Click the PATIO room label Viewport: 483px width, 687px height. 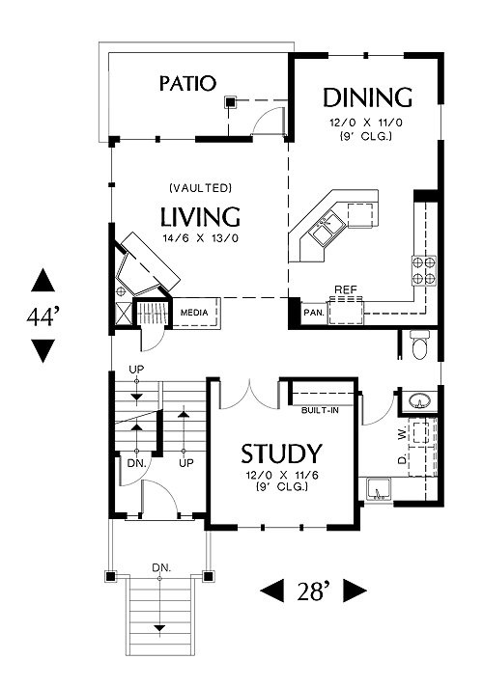(x=187, y=83)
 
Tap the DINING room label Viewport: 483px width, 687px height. (x=368, y=97)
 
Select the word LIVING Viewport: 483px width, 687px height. (x=201, y=216)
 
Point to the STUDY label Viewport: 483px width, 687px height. (x=282, y=453)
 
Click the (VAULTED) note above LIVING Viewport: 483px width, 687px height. (x=201, y=188)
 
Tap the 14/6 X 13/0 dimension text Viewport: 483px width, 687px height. (x=201, y=238)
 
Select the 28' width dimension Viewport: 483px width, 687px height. (x=313, y=591)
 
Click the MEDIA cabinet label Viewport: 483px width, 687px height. (x=194, y=313)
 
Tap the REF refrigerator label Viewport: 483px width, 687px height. (x=346, y=289)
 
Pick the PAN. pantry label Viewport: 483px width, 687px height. (x=314, y=313)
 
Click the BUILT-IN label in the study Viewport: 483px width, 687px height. (x=321, y=410)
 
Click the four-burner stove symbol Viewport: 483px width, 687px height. (x=424, y=270)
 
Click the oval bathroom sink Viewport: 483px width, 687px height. (x=419, y=400)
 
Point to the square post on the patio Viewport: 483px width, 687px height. (x=230, y=103)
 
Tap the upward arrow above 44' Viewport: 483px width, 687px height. (x=43, y=280)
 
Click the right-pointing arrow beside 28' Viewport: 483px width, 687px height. (x=355, y=591)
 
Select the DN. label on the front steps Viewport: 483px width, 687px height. (x=161, y=567)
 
